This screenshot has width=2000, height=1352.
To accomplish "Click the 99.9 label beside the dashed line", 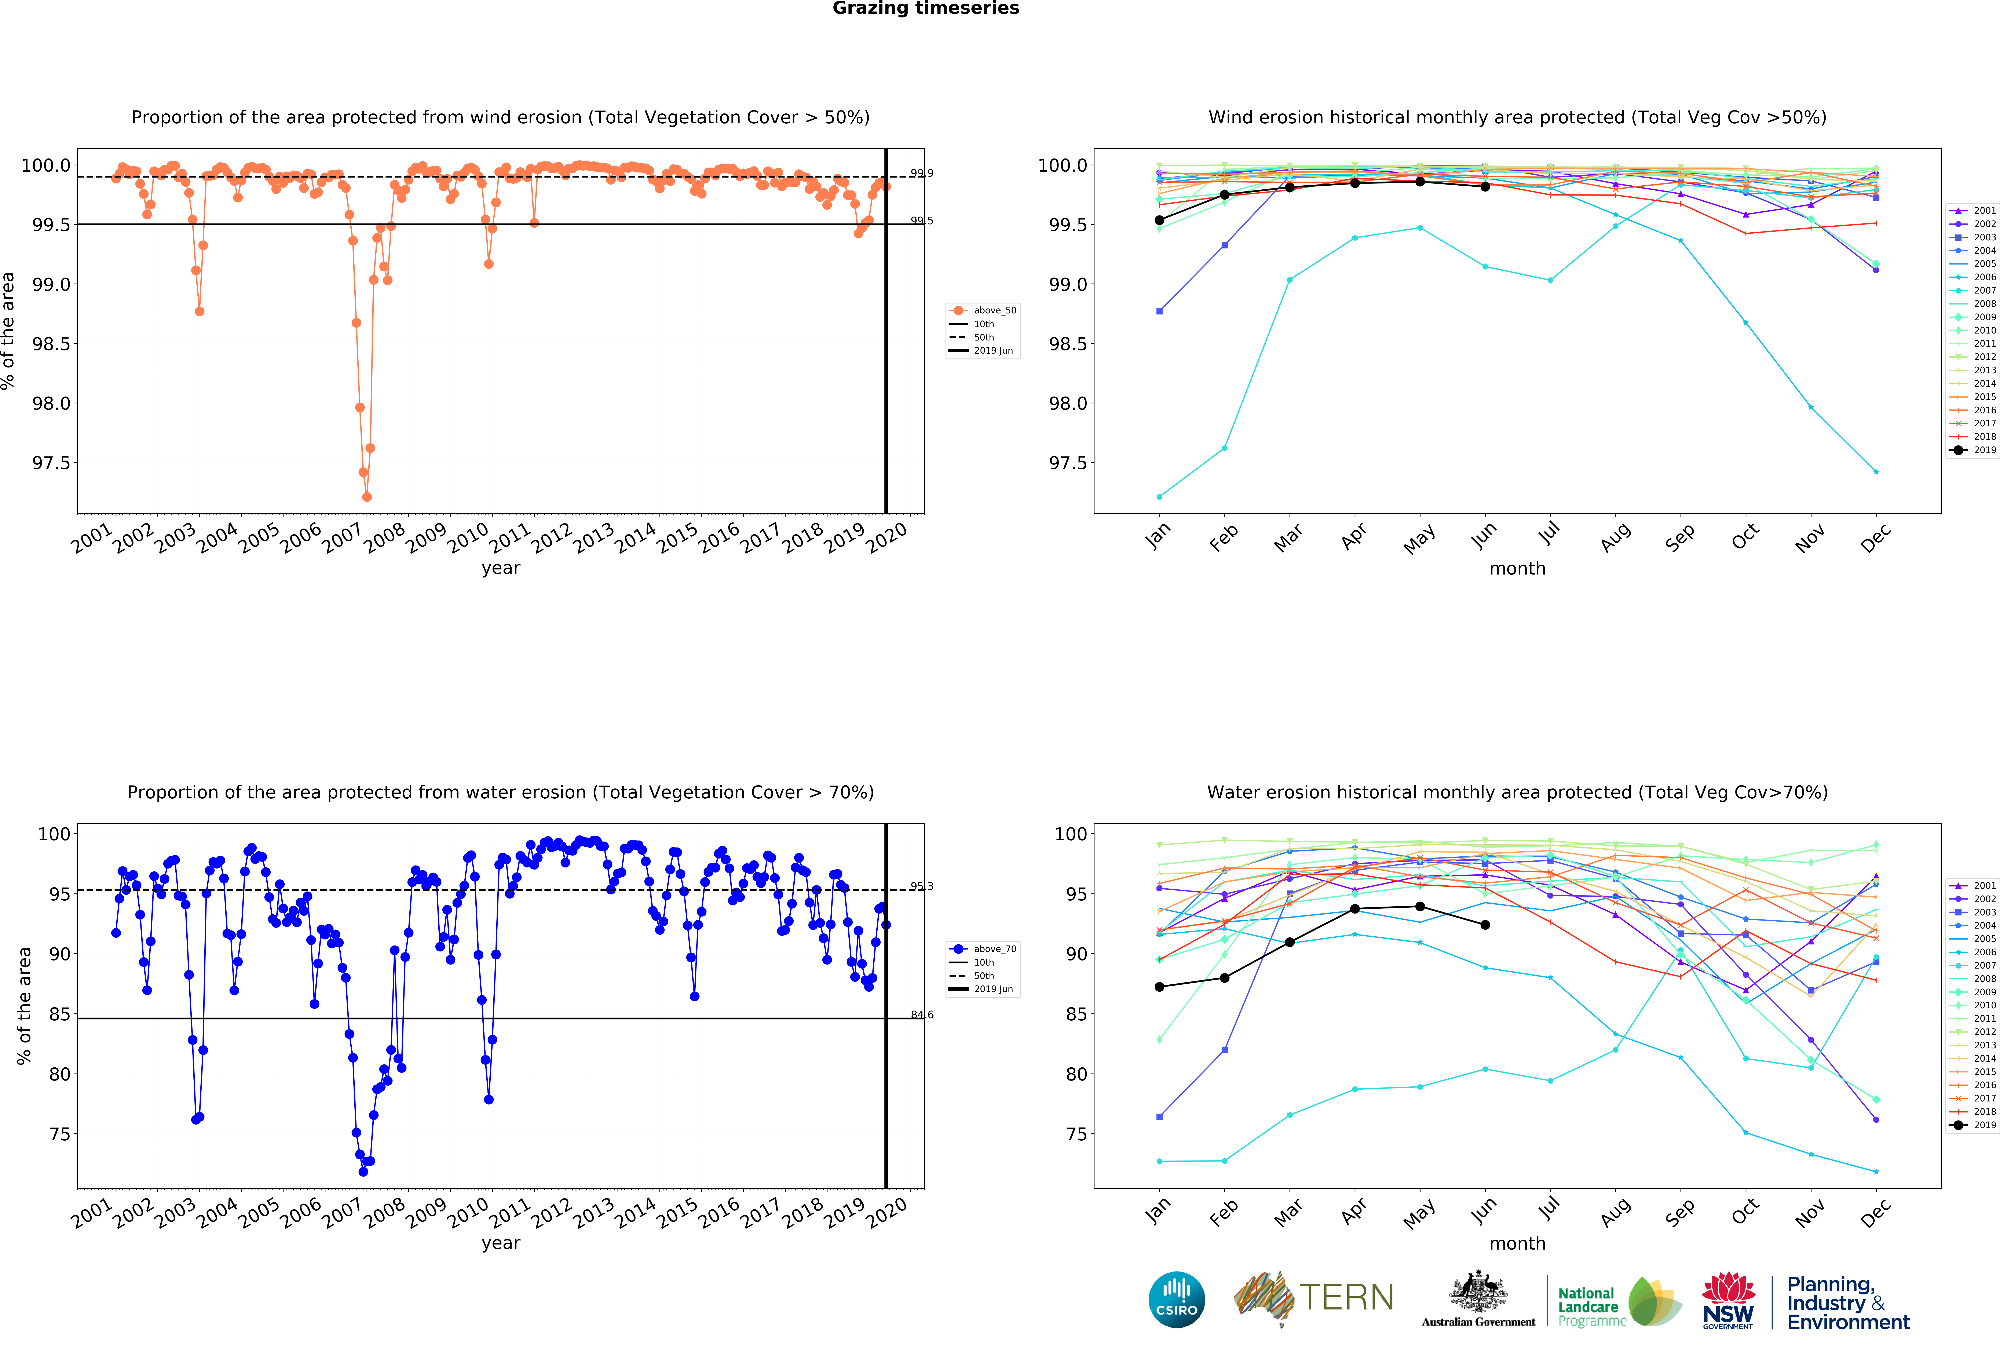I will tap(922, 173).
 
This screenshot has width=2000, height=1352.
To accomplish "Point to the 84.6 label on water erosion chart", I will tap(922, 1015).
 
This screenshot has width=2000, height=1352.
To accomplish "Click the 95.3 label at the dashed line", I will tap(922, 886).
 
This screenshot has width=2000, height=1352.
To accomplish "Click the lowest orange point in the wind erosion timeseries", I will tap(367, 497).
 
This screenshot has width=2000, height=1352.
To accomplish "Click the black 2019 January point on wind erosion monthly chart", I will tap(1159, 220).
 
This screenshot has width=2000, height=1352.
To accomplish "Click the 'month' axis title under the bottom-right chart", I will tap(1517, 1244).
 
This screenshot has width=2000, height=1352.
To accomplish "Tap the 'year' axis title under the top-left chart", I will tap(501, 568).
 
